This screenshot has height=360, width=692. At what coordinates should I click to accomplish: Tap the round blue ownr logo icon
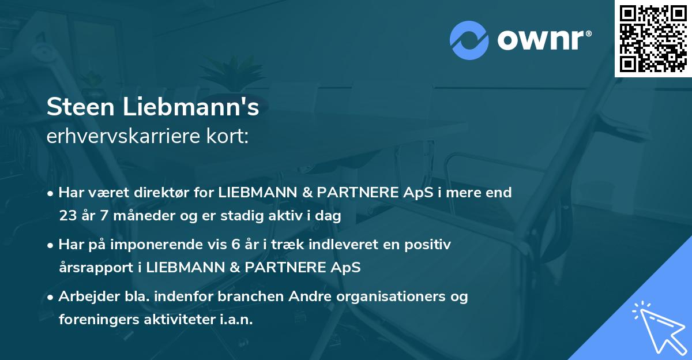click(469, 40)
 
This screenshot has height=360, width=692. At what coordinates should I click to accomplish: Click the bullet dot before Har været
click(51, 193)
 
